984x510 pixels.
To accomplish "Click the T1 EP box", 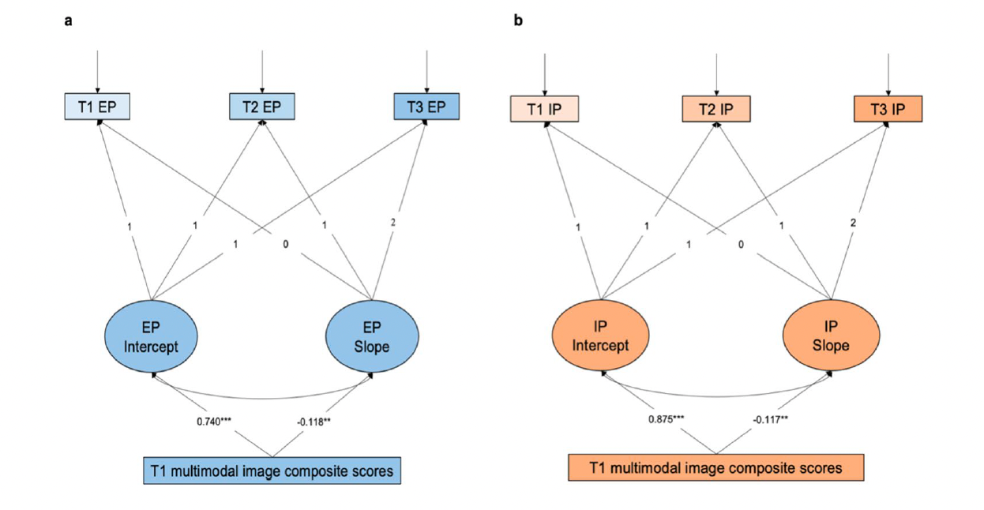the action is (97, 107).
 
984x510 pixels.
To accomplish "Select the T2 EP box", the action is (262, 107).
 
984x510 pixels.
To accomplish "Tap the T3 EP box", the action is (426, 107).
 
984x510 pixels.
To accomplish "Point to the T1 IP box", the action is (544, 109).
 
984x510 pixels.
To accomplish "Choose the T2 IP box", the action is (716, 109).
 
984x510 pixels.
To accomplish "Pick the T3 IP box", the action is (888, 109).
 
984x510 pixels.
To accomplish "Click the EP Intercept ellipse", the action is (151, 336).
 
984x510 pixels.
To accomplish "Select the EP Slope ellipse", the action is (372, 336).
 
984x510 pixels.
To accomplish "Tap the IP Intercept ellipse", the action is (600, 336).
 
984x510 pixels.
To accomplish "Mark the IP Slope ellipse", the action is (831, 336).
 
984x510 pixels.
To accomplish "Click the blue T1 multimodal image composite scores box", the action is (272, 471).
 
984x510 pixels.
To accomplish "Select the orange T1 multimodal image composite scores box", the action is (716, 467).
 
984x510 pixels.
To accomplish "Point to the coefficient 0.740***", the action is (214, 422).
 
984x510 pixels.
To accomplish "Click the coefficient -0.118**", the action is (314, 422).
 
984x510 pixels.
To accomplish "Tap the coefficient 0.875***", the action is (667, 419).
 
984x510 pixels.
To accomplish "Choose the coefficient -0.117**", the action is (771, 419).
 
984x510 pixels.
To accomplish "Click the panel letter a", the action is (68, 21).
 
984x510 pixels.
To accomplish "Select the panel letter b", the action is (518, 21).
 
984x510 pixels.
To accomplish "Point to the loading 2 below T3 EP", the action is (392, 223).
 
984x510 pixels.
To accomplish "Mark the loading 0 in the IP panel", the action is (741, 244).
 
